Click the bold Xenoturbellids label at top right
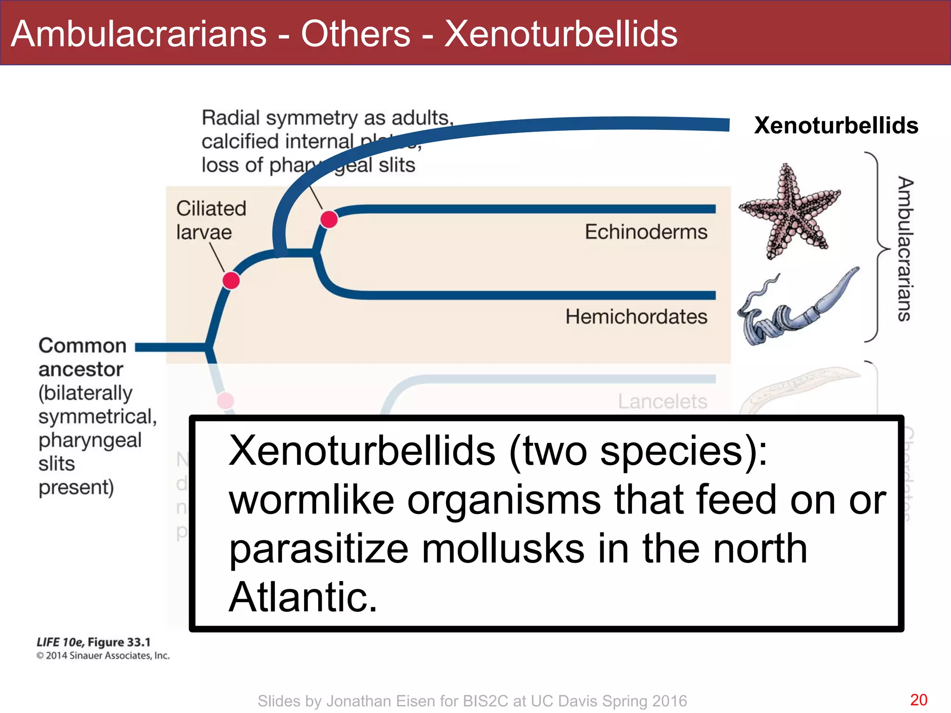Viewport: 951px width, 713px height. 836,125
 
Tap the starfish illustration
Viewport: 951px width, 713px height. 789,211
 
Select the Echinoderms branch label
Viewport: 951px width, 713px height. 645,232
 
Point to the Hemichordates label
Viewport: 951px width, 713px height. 636,317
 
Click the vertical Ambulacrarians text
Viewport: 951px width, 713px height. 905,248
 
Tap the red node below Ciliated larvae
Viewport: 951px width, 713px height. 231,280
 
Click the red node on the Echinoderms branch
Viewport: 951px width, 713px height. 329,219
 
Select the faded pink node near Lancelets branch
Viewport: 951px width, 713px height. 226,400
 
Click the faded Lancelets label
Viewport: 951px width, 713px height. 662,402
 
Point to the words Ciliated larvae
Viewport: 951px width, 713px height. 211,220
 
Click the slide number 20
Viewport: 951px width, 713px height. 918,700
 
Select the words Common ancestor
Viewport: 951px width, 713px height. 82,357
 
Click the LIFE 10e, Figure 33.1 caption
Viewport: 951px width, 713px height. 94,642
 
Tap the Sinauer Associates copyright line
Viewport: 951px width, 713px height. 103,655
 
